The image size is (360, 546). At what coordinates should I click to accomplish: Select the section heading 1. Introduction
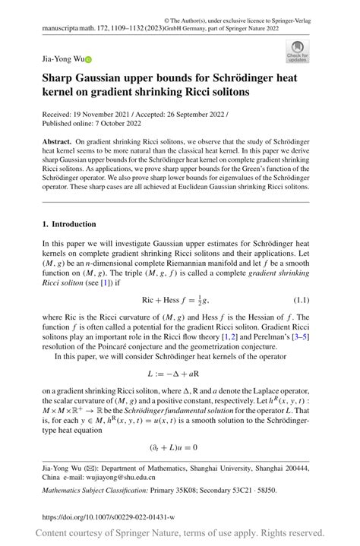(x=69, y=224)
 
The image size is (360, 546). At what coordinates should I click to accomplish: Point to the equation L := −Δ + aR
(x=175, y=374)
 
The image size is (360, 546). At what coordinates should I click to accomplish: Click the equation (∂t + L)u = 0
(x=175, y=448)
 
